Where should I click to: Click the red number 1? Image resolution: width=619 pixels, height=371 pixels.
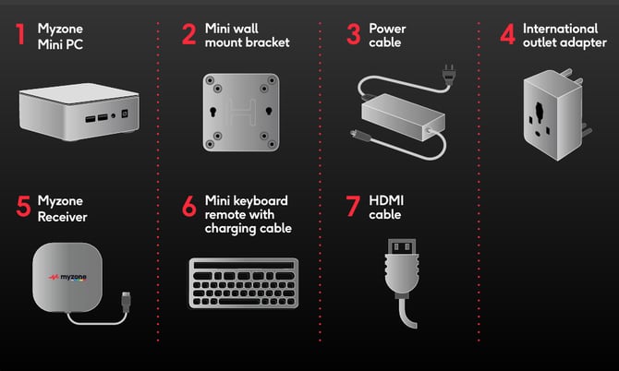[20, 34]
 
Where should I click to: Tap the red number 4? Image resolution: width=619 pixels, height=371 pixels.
[508, 34]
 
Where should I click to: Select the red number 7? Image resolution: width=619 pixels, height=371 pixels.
[353, 206]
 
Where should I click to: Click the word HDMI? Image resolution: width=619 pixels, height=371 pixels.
[386, 200]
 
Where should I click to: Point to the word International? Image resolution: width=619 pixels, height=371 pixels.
[560, 29]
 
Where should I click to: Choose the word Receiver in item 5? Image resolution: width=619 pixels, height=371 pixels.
[63, 217]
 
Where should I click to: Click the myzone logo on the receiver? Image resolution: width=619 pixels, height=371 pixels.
[67, 277]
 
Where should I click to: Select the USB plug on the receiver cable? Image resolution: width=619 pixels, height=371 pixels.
[126, 302]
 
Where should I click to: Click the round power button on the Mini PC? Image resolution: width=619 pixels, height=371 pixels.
[114, 115]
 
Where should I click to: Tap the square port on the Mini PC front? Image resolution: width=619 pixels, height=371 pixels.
[125, 114]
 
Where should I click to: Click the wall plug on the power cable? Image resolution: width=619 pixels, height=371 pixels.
[448, 74]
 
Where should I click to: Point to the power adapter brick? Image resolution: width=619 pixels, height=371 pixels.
[403, 117]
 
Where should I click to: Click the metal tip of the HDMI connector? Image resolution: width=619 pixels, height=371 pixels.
[402, 246]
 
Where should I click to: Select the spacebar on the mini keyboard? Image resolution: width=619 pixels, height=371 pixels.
[239, 302]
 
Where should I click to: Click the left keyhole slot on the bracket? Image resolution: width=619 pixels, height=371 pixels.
[213, 111]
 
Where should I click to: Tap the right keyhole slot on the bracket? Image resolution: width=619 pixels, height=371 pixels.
[269, 111]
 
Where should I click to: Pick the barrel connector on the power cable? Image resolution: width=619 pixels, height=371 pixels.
[360, 136]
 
